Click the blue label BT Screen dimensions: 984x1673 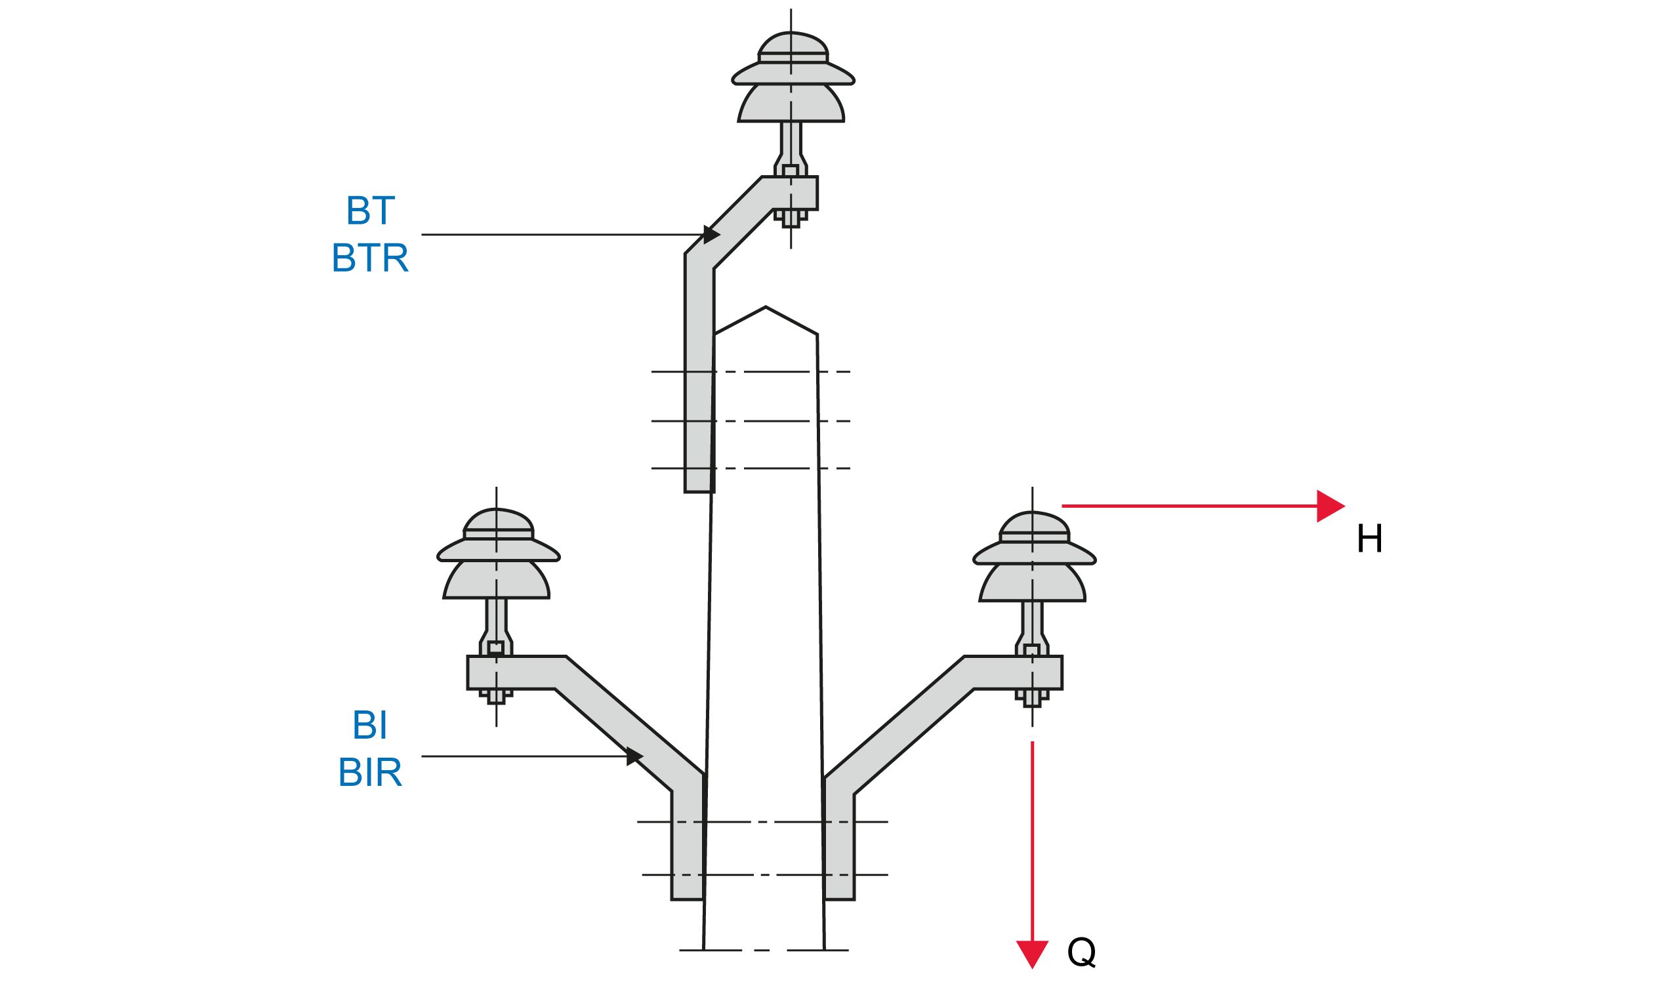click(371, 211)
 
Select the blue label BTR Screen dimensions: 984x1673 click(370, 258)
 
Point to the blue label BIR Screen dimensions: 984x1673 click(370, 773)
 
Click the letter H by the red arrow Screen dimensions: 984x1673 click(1370, 539)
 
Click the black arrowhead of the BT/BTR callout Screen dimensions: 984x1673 click(711, 234)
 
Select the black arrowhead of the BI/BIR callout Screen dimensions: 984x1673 click(633, 756)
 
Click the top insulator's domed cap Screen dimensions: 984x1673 click(793, 43)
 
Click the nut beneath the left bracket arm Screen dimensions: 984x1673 click(496, 697)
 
